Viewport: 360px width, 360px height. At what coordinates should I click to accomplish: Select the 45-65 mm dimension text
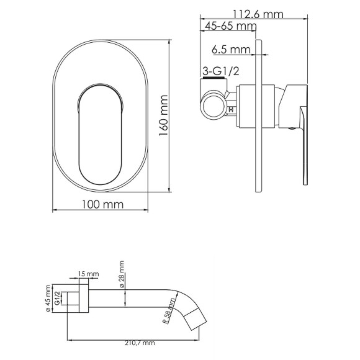(x=230, y=26)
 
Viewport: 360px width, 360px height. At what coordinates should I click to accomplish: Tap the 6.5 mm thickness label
(x=230, y=49)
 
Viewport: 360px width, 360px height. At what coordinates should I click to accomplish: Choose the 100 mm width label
(x=102, y=204)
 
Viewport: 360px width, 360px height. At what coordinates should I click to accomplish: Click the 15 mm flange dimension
(x=89, y=274)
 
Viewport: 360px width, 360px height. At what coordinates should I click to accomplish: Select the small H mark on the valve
(x=232, y=110)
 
